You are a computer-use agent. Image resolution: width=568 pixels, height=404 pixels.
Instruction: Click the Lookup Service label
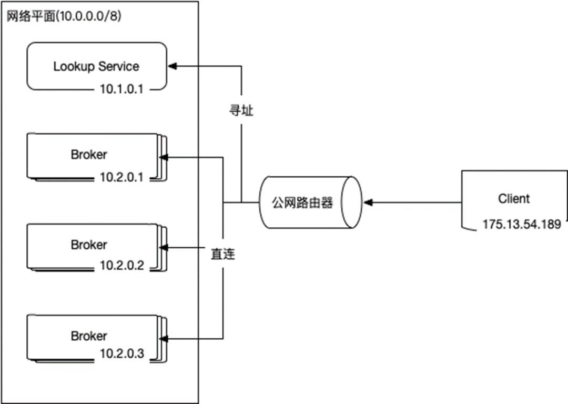pyautogui.click(x=96, y=67)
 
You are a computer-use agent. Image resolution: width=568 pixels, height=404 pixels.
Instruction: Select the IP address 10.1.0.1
pyautogui.click(x=121, y=89)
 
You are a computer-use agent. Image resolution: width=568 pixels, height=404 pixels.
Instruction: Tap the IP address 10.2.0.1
pyautogui.click(x=121, y=177)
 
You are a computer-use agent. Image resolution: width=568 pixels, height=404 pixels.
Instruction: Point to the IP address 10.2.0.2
pyautogui.click(x=122, y=266)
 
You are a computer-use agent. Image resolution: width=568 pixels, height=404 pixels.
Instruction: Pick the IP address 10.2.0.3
pyautogui.click(x=122, y=353)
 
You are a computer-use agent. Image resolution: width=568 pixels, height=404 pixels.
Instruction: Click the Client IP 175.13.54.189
pyautogui.click(x=522, y=224)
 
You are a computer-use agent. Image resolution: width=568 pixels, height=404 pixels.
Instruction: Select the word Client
pyautogui.click(x=514, y=198)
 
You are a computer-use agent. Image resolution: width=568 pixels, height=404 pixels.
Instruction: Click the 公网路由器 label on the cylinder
pyautogui.click(x=302, y=203)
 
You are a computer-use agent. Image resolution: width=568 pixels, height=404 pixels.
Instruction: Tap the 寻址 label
pyautogui.click(x=241, y=110)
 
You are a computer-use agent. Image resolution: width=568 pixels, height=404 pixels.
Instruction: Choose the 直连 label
pyautogui.click(x=223, y=254)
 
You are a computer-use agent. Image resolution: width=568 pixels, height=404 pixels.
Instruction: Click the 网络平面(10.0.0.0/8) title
pyautogui.click(x=64, y=16)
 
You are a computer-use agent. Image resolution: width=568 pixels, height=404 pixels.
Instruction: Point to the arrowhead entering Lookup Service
pyautogui.click(x=173, y=66)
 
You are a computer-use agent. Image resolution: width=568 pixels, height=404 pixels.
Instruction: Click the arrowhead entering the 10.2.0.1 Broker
pyautogui.click(x=164, y=157)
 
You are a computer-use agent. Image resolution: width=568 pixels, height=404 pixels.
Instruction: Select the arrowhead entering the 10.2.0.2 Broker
pyautogui.click(x=164, y=248)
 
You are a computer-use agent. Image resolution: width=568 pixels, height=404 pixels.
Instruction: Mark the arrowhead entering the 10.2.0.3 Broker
pyautogui.click(x=164, y=339)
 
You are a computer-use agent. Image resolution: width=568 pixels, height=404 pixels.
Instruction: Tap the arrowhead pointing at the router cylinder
pyautogui.click(x=368, y=203)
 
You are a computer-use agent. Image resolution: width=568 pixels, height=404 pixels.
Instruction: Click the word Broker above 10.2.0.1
pyautogui.click(x=89, y=155)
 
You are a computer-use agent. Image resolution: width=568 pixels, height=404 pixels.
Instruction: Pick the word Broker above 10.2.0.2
pyautogui.click(x=89, y=245)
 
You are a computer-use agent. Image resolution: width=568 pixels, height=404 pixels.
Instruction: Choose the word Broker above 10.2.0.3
pyautogui.click(x=89, y=336)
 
